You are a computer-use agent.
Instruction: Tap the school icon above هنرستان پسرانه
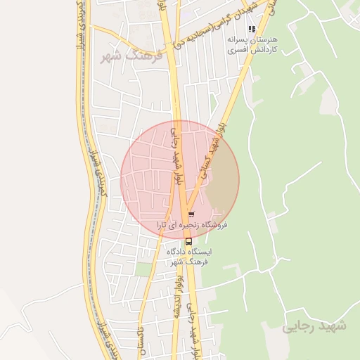tap(252, 30)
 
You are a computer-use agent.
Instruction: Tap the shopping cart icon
tap(191, 214)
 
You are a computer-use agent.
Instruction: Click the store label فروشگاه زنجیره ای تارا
tap(198, 225)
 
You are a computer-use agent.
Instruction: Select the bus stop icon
tap(188, 240)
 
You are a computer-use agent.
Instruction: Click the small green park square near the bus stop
tap(143, 269)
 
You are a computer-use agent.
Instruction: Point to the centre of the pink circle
tap(180, 179)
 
